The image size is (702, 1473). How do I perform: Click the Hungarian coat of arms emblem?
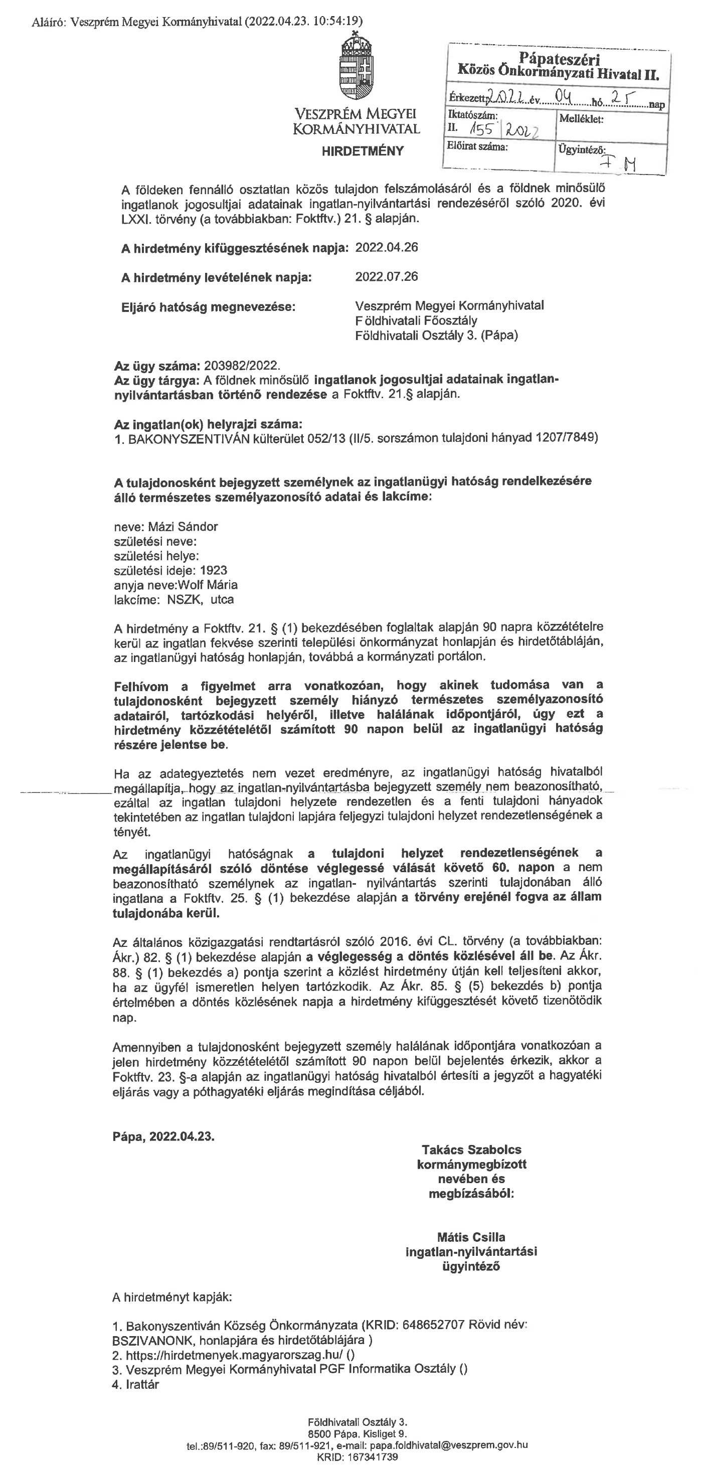356,67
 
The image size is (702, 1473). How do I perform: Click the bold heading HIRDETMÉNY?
363,151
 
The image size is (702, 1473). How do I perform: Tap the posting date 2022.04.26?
387,248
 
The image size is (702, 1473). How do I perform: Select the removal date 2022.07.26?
387,277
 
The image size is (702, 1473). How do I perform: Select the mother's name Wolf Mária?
208,585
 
